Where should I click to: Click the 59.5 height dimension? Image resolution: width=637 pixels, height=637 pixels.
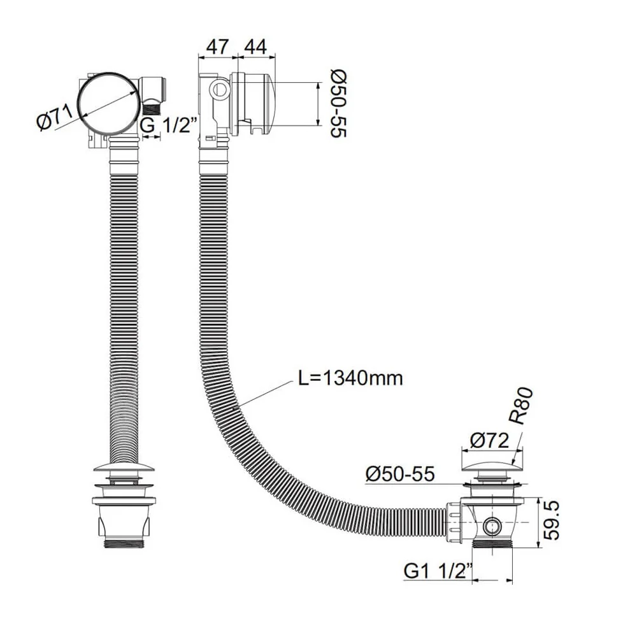[x=554, y=520]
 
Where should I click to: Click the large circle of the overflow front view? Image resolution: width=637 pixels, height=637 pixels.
[x=109, y=103]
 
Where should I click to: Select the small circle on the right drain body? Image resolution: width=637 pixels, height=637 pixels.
[x=491, y=525]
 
